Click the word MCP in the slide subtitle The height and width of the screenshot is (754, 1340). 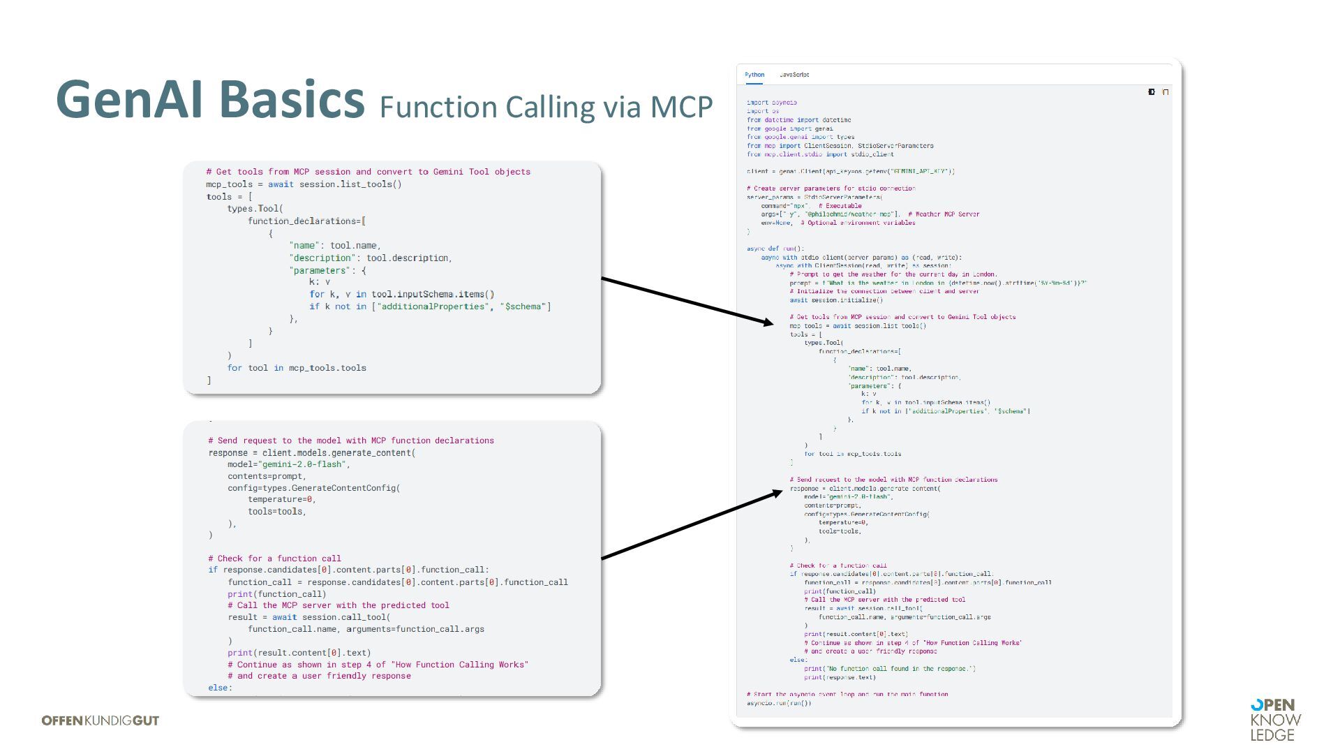point(681,107)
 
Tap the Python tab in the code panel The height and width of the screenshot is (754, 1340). point(754,75)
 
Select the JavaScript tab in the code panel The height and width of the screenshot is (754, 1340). point(794,75)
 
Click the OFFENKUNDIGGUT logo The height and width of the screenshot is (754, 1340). point(100,720)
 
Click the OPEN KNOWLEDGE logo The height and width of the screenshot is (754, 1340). point(1275,720)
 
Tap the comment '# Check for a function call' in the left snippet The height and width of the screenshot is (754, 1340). point(274,559)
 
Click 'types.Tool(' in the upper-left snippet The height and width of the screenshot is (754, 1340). point(255,209)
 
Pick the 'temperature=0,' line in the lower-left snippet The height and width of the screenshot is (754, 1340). point(282,499)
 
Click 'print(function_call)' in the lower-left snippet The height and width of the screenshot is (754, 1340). point(277,594)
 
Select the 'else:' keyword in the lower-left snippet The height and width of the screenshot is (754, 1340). point(220,688)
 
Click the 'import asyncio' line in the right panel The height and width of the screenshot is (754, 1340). point(771,103)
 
